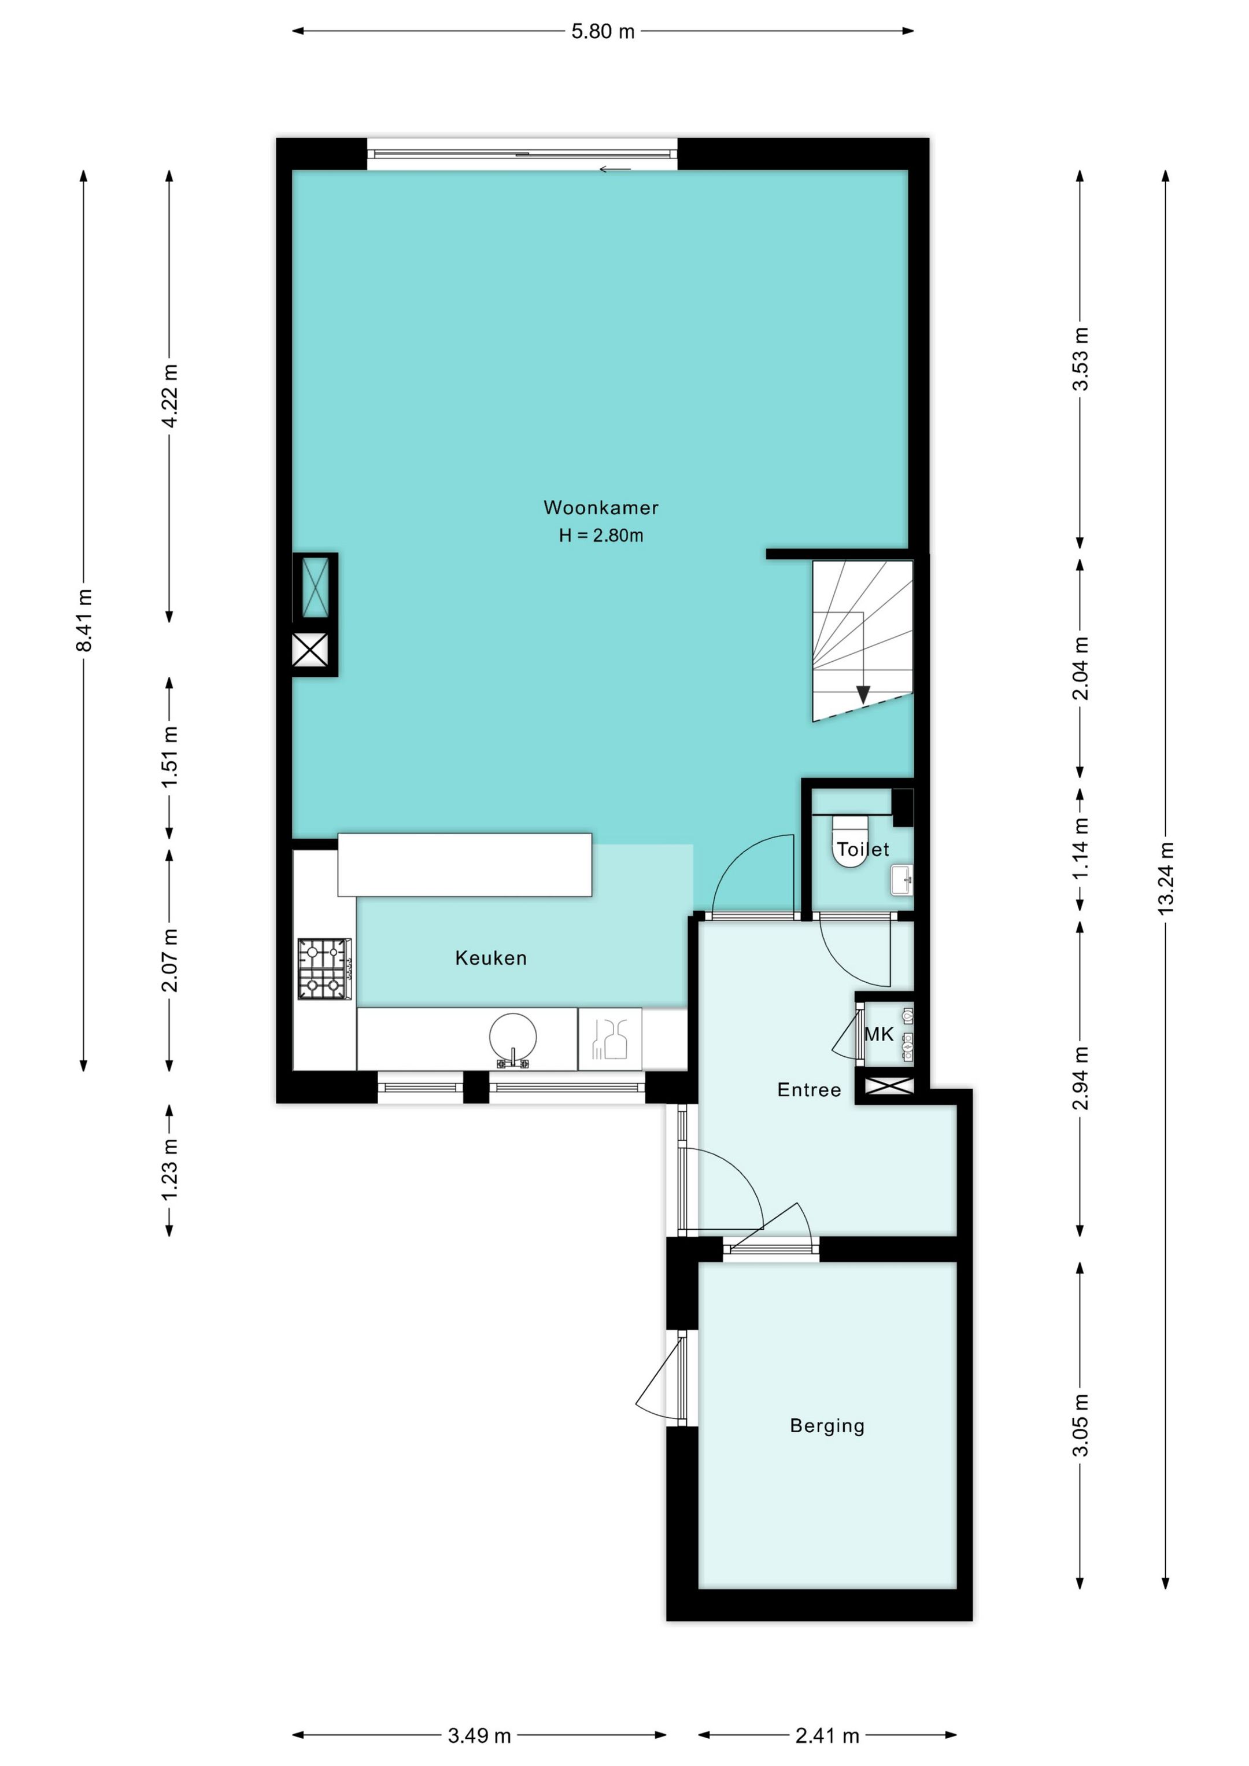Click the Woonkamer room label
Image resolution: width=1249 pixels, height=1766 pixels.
(601, 508)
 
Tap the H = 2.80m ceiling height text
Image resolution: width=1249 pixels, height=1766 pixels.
(601, 535)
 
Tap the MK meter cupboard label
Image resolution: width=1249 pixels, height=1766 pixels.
(878, 1034)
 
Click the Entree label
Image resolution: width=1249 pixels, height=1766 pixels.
(809, 1089)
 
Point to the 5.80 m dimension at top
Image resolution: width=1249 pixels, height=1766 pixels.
(602, 32)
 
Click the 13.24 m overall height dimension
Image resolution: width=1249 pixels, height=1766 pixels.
(1166, 878)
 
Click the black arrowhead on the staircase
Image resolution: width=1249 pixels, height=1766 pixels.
(863, 694)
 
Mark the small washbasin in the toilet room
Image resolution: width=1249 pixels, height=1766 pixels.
(901, 879)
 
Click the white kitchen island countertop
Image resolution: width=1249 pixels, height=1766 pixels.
(464, 865)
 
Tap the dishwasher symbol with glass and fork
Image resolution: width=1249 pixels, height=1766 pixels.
(609, 1038)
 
